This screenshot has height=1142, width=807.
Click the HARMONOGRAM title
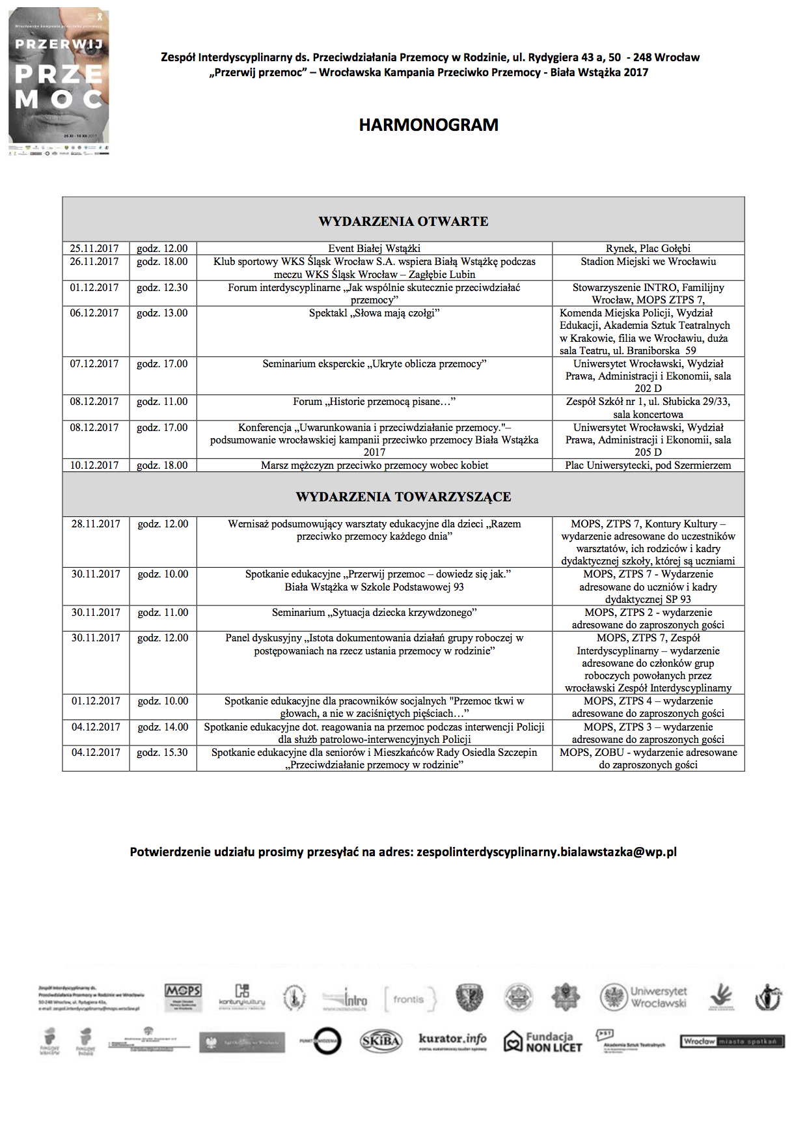(428, 125)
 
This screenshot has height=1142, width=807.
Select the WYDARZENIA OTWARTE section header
(403, 221)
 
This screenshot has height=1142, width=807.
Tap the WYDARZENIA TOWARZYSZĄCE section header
(403, 497)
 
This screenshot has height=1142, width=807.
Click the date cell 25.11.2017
(94, 249)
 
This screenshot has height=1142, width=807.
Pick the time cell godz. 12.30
(162, 287)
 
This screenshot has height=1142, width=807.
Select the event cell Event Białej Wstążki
(374, 249)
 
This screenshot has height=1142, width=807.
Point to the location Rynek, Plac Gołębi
(648, 249)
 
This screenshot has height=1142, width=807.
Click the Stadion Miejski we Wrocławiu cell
(648, 262)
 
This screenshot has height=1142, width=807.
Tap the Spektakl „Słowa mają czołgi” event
(374, 313)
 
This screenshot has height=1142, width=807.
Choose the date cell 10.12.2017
(94, 466)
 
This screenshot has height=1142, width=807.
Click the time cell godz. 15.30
(162, 753)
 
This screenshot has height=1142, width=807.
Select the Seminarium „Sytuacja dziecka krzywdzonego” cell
(374, 613)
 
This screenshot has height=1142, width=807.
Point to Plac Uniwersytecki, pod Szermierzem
(648, 466)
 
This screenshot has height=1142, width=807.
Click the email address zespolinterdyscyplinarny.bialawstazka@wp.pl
(547, 852)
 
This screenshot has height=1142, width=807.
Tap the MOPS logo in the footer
(183, 997)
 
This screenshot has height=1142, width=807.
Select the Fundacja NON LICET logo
(543, 1042)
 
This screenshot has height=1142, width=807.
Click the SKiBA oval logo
(381, 1041)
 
